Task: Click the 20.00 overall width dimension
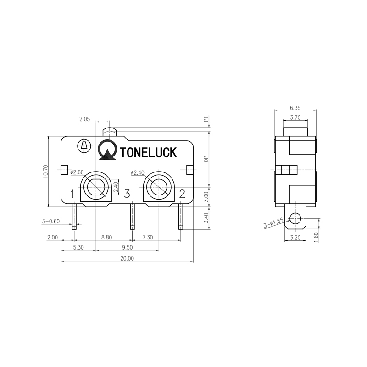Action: (127, 258)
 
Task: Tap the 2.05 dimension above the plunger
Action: (84, 119)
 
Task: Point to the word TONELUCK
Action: (148, 152)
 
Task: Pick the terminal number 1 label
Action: (72, 194)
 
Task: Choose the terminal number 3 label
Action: (127, 194)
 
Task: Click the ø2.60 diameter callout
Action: (77, 172)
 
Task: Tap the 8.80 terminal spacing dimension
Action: (106, 237)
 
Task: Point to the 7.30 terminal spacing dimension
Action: (148, 237)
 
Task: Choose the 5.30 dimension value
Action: (78, 248)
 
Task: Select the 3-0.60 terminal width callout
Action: (51, 222)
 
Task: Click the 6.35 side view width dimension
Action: (295, 108)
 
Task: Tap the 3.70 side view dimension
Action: (295, 118)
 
